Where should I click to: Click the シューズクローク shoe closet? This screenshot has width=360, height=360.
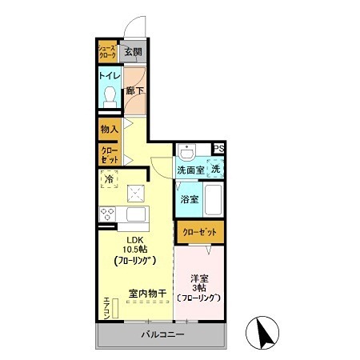107,53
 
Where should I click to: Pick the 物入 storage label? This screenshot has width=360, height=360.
108,129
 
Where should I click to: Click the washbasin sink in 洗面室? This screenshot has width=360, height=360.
187,153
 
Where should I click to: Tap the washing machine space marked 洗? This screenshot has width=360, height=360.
215,169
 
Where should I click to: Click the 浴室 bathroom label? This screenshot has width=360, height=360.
188,198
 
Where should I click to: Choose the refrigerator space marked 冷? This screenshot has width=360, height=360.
108,181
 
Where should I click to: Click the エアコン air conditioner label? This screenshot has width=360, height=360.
106,309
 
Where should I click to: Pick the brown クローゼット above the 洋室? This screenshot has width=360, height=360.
199,232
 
